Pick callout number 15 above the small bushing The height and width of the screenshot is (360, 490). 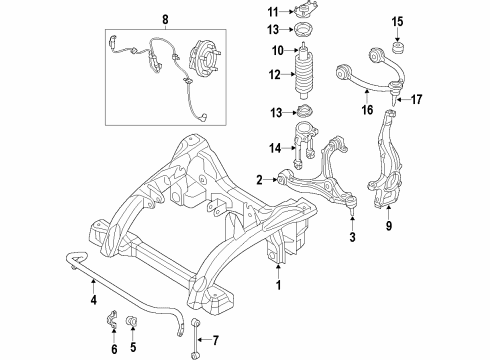pyautogui.click(x=424, y=21)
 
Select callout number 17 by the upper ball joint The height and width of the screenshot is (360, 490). pyautogui.click(x=419, y=98)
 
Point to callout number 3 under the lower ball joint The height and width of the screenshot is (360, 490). pyautogui.click(x=350, y=237)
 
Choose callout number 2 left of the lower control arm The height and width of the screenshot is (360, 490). pyautogui.click(x=259, y=180)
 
